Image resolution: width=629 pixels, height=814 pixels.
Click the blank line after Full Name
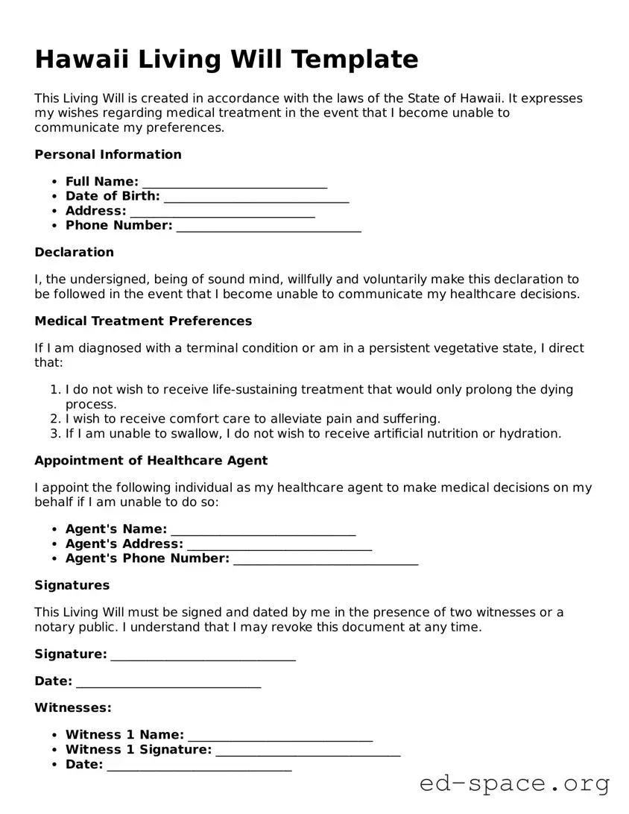click(x=235, y=183)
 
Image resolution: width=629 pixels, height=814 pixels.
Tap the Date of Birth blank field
click(x=256, y=197)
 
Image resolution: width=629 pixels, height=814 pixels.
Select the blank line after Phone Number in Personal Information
click(x=268, y=226)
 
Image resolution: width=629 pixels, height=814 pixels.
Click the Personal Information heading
click(x=108, y=155)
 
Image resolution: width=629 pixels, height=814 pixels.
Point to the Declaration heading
click(x=74, y=252)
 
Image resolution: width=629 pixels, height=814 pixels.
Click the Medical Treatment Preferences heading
click(x=143, y=321)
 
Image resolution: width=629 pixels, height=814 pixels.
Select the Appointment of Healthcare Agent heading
click(x=151, y=461)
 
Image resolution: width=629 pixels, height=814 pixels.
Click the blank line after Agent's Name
click(x=263, y=530)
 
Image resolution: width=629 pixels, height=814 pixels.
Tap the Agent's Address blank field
click(x=279, y=544)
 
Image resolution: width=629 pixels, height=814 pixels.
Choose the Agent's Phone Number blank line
click(x=326, y=559)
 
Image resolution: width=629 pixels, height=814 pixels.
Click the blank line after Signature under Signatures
click(x=203, y=655)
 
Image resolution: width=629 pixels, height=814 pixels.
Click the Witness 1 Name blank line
click(x=280, y=736)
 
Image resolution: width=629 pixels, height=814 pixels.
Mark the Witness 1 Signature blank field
click(x=308, y=751)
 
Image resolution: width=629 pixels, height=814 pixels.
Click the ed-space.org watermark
click(x=514, y=783)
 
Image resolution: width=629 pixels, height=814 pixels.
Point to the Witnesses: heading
click(x=73, y=707)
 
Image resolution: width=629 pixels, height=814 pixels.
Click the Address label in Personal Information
click(x=95, y=211)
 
